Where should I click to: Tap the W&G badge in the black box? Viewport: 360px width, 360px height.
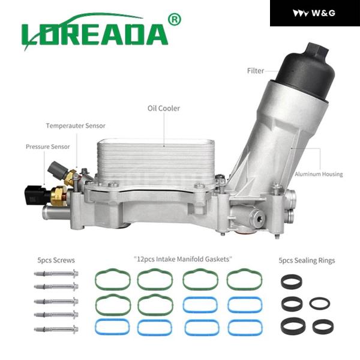314,13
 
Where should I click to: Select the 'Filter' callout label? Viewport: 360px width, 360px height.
256,71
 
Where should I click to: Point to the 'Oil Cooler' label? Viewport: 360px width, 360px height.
164,109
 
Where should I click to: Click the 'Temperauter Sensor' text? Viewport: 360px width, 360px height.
76,126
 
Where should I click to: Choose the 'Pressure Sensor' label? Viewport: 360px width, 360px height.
47,146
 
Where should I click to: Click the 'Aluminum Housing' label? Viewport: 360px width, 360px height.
319,174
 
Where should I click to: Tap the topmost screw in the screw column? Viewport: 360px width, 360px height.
56,275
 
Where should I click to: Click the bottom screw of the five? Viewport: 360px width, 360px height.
56,329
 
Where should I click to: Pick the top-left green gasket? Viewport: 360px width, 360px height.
112,280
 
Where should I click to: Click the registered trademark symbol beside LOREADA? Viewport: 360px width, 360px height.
175,20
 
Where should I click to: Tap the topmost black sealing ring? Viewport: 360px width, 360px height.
292,281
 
